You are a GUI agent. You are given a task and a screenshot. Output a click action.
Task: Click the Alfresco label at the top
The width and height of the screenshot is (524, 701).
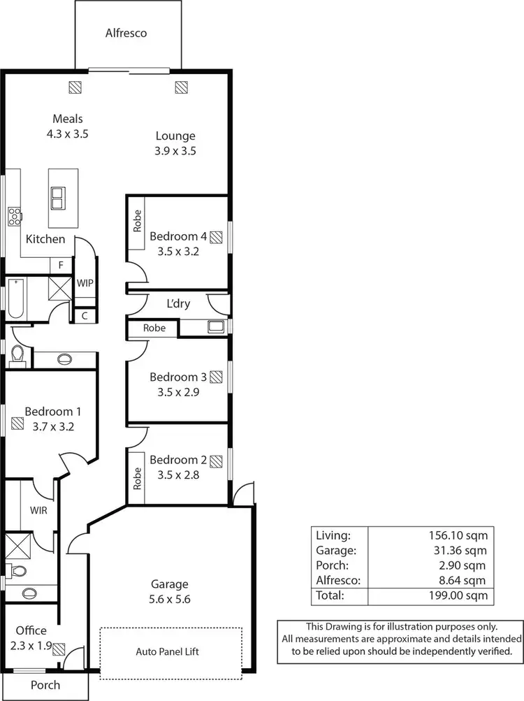[126, 33]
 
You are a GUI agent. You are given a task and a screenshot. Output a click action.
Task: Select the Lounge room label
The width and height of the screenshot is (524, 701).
[175, 136]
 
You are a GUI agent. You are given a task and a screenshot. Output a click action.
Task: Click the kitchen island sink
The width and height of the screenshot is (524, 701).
[58, 198]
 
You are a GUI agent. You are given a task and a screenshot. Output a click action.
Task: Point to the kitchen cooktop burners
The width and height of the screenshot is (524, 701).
[13, 217]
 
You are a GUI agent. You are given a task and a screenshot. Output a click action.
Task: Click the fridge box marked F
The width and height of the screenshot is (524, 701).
[61, 266]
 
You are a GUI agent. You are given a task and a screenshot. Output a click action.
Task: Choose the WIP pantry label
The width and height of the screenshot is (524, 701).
[85, 283]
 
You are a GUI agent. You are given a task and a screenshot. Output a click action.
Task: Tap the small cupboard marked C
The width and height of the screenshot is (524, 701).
[85, 316]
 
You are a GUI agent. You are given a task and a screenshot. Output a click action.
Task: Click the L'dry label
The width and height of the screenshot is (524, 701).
[177, 304]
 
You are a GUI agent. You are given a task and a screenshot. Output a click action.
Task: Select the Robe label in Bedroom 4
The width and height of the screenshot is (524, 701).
[136, 222]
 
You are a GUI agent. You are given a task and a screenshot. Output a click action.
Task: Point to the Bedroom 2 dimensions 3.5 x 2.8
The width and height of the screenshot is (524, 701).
[178, 474]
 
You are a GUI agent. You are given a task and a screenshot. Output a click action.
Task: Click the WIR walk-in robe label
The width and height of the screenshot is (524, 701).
[38, 511]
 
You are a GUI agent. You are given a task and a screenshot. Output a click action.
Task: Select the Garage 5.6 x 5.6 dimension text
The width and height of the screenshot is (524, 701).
[170, 599]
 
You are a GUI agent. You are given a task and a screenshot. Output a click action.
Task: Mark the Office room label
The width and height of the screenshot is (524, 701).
[31, 630]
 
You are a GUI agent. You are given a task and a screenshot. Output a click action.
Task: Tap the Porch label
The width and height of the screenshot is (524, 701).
[45, 685]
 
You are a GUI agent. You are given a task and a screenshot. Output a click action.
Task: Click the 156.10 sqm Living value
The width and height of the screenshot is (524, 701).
[458, 535]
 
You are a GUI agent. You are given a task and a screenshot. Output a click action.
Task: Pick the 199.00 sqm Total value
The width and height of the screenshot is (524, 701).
[458, 596]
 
